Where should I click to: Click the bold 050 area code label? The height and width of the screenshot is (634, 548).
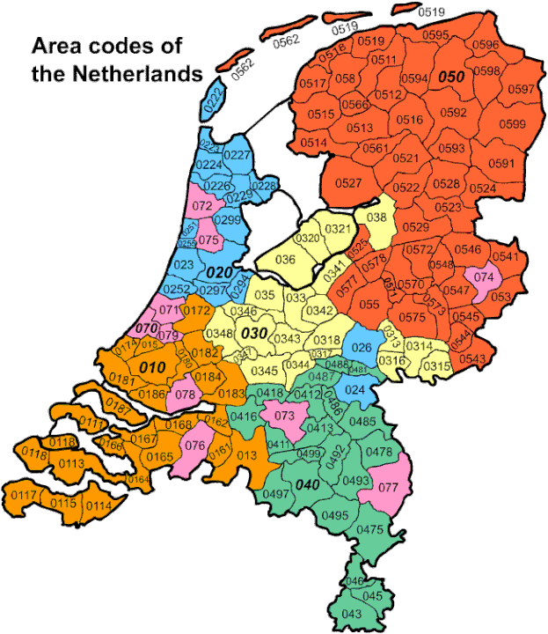[x=450, y=77]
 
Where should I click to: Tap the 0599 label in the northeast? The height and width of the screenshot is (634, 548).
[x=511, y=125]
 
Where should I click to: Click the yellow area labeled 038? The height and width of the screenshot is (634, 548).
[x=376, y=218]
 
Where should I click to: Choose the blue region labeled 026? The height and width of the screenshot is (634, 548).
[x=362, y=347]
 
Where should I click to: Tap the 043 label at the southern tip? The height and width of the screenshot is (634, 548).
[x=351, y=614]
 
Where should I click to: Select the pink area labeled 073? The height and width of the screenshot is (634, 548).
[x=285, y=416]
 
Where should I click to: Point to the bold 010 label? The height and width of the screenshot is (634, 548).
[x=151, y=365]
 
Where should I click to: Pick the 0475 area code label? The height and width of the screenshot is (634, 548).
[x=370, y=529]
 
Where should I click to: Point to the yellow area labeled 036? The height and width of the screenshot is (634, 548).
[x=285, y=260]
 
